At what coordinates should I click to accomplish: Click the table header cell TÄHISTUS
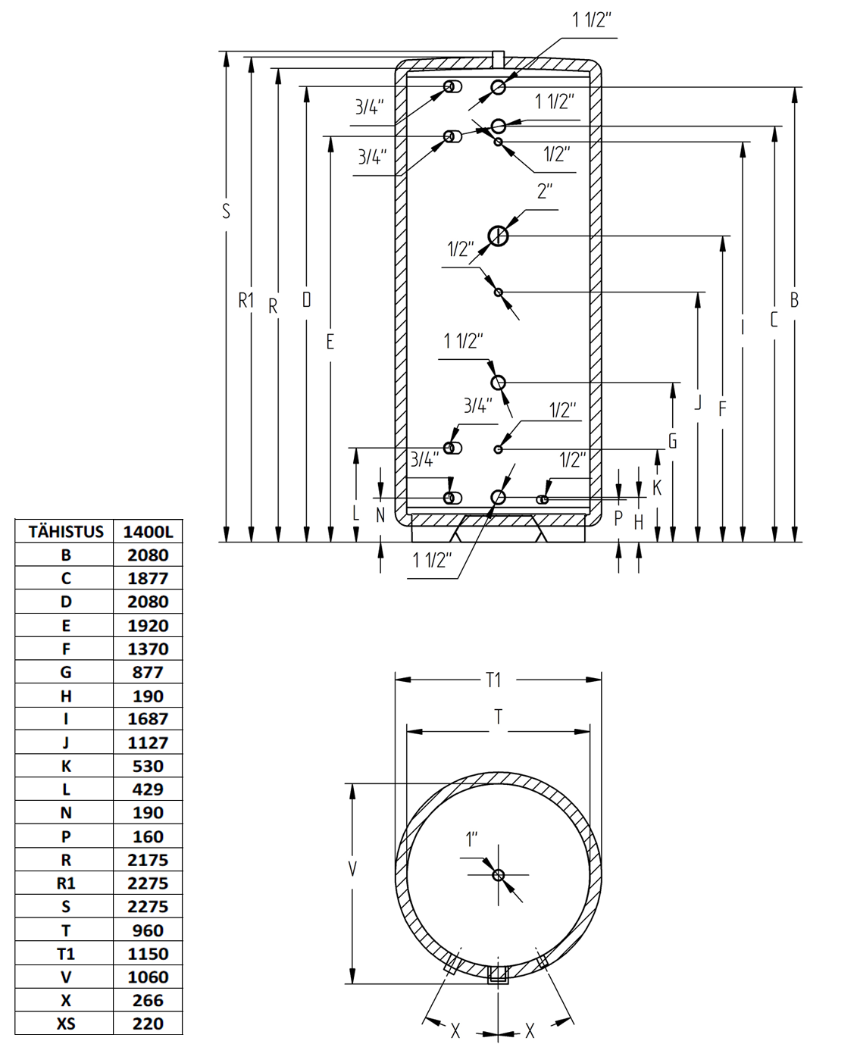[x=66, y=532]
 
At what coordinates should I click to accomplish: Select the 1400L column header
[x=148, y=532]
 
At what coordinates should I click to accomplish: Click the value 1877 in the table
[x=148, y=578]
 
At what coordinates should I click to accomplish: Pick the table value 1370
[x=148, y=649]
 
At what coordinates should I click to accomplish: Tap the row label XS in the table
[x=66, y=1024]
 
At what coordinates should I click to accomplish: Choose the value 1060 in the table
[x=148, y=977]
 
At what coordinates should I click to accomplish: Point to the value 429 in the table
[x=148, y=789]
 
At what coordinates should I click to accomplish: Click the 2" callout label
[x=545, y=191]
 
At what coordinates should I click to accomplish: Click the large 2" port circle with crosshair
[x=498, y=236]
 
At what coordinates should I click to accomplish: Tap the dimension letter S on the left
[x=227, y=211]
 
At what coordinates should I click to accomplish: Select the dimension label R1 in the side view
[x=246, y=300]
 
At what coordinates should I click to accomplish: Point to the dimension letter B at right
[x=794, y=300]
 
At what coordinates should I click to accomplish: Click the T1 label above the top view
[x=493, y=680]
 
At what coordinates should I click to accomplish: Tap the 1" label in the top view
[x=471, y=839]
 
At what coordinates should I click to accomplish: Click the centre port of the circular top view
[x=498, y=875]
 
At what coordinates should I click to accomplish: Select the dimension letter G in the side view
[x=672, y=441]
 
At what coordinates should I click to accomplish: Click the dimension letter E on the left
[x=330, y=342]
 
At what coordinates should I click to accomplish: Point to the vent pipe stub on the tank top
[x=498, y=59]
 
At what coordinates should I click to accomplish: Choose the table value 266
[x=148, y=1000]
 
